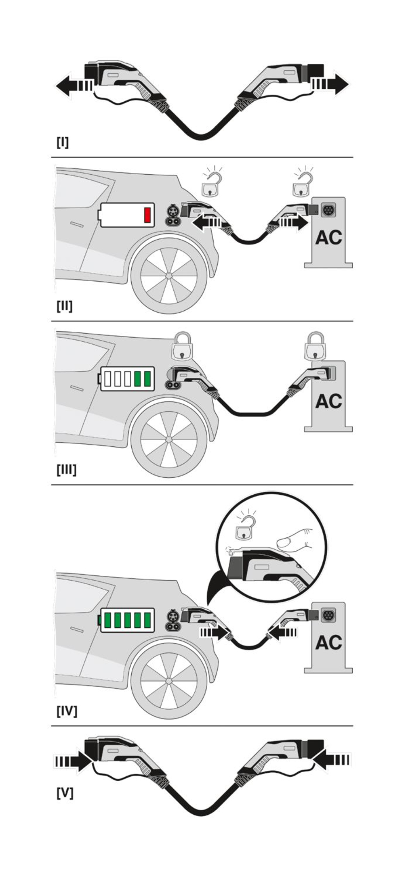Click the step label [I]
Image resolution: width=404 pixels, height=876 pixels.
pyautogui.click(x=62, y=142)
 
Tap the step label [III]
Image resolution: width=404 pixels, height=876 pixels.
pyautogui.click(x=66, y=470)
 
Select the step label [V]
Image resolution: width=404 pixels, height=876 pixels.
pyautogui.click(x=65, y=793)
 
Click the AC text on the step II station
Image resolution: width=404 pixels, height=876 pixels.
pyautogui.click(x=328, y=238)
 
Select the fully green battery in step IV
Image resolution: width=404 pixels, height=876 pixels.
pyautogui.click(x=127, y=620)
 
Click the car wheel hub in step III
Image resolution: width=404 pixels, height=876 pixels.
pyautogui.click(x=169, y=439)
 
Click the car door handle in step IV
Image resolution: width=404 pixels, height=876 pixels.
pyautogui.click(x=77, y=629)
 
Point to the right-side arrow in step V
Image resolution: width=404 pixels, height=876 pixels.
pyautogui.click(x=332, y=761)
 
